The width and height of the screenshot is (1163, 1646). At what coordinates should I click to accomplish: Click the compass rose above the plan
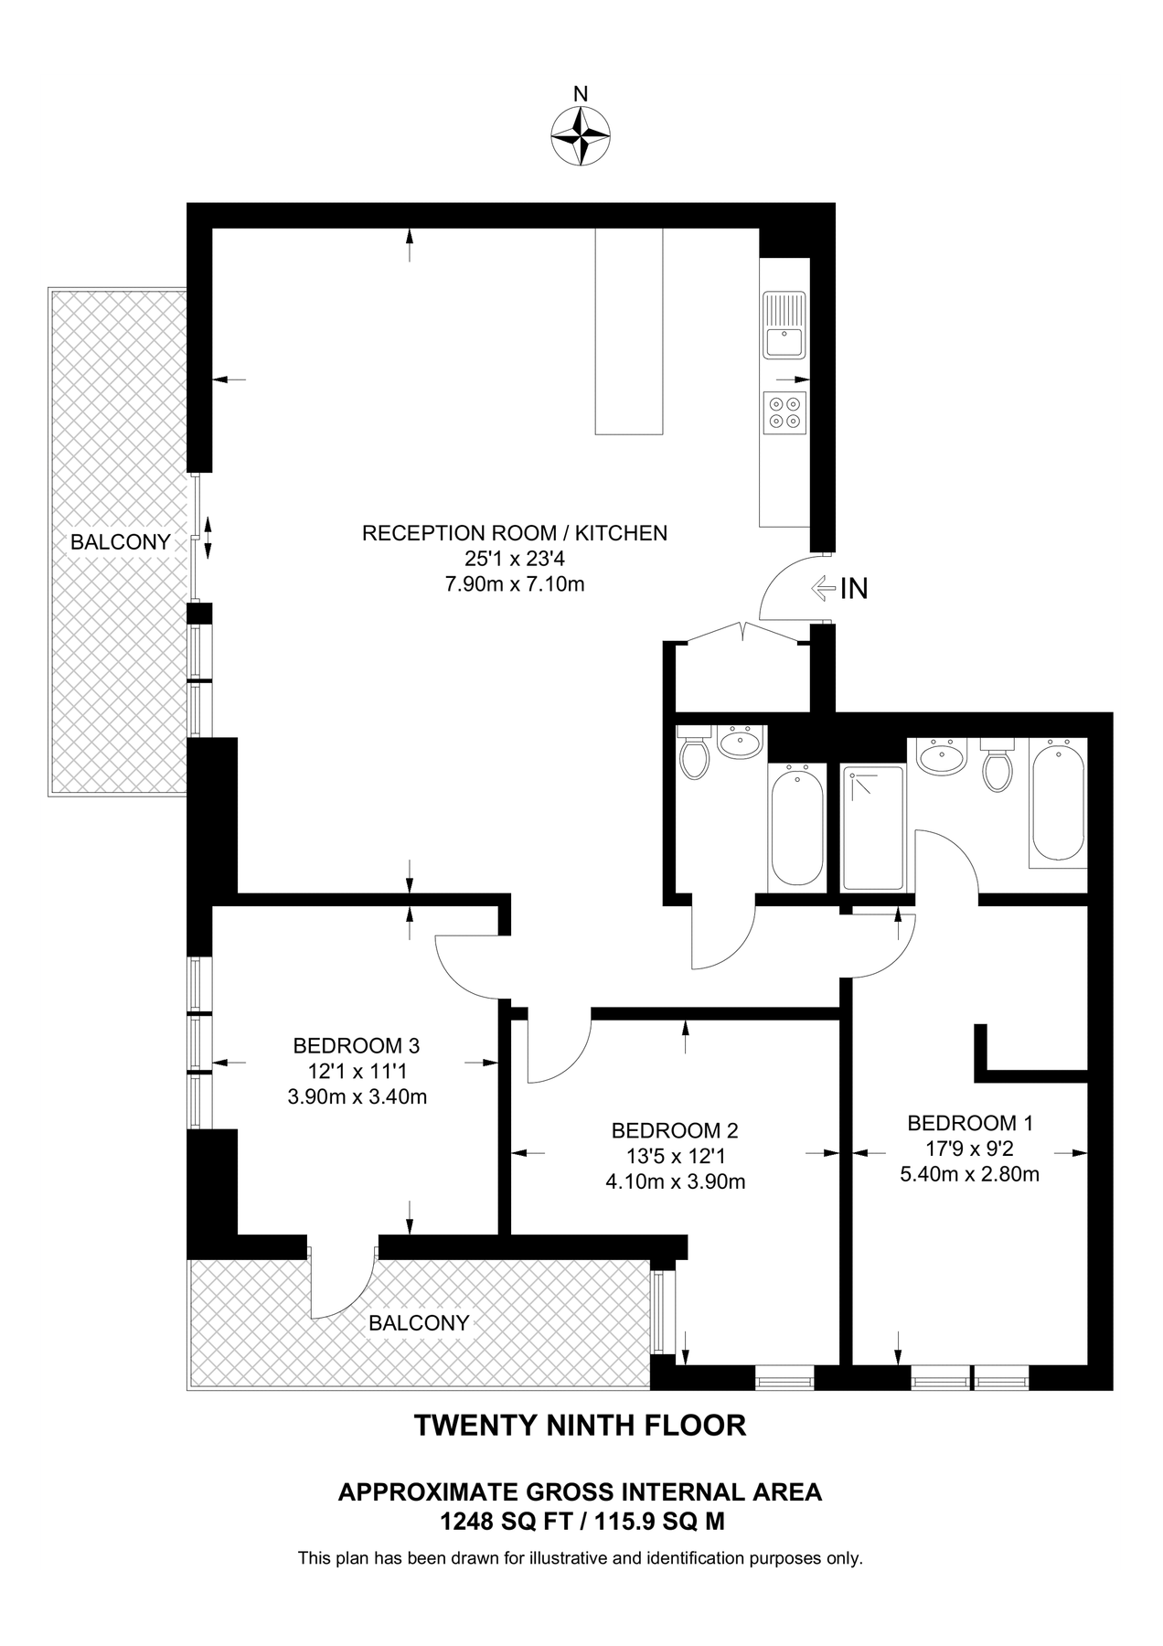pyautogui.click(x=581, y=135)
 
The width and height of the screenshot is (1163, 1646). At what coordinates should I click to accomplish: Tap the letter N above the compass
pyautogui.click(x=581, y=93)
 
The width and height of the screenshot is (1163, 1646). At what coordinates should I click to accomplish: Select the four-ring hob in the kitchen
pyautogui.click(x=785, y=411)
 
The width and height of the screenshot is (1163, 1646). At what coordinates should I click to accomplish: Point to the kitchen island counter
pyautogui.click(x=628, y=331)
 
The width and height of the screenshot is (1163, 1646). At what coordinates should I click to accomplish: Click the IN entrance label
pyautogui.click(x=854, y=589)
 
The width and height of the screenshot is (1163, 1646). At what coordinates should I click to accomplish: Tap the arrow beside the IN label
pyautogui.click(x=824, y=588)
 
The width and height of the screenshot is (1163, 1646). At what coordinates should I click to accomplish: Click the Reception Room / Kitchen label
pyautogui.click(x=515, y=533)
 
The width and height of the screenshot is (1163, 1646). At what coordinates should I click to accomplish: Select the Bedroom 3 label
pyautogui.click(x=357, y=1045)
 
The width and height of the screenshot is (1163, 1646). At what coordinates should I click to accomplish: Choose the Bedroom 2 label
pyautogui.click(x=675, y=1130)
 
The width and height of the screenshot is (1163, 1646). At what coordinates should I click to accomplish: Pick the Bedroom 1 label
pyautogui.click(x=970, y=1123)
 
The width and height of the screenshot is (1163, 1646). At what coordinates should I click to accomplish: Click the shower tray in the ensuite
pyautogui.click(x=873, y=828)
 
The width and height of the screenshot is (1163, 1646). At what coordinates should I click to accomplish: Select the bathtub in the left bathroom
pyautogui.click(x=795, y=828)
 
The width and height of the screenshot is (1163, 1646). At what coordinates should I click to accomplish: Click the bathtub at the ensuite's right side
pyautogui.click(x=1058, y=801)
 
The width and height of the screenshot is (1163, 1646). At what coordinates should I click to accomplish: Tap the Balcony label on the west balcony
pyautogui.click(x=121, y=542)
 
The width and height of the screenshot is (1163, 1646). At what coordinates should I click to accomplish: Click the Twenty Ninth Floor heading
pyautogui.click(x=581, y=1426)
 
